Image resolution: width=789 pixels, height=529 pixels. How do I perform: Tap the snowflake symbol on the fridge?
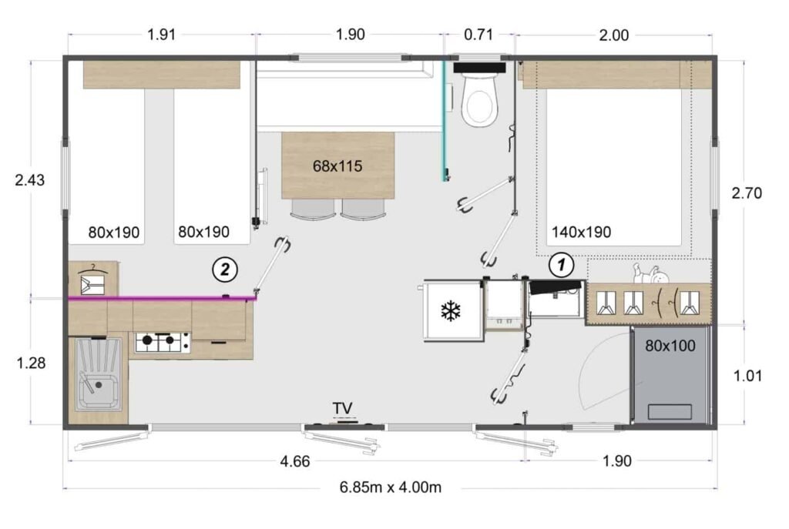pyautogui.click(x=450, y=312)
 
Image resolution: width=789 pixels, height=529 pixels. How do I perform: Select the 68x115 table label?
pyautogui.click(x=337, y=166)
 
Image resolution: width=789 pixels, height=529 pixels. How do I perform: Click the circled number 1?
pyautogui.click(x=561, y=265)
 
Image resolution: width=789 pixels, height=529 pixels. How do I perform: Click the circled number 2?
pyautogui.click(x=224, y=269)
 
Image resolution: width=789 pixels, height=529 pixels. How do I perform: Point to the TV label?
pyautogui.click(x=342, y=407)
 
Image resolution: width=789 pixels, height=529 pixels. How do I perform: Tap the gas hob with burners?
pyautogui.click(x=163, y=342)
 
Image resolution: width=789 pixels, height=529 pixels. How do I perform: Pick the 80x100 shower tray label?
pyautogui.click(x=670, y=346)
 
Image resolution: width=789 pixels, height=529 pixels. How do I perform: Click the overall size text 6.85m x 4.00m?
pyautogui.click(x=390, y=487)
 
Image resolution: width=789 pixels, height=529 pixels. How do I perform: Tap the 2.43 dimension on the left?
pyautogui.click(x=30, y=180)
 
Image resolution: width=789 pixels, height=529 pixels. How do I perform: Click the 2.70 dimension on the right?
pyautogui.click(x=746, y=193)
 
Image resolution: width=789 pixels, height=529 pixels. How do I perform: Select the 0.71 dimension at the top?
pyautogui.click(x=478, y=34)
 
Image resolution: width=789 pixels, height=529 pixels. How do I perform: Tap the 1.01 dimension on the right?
pyautogui.click(x=746, y=377)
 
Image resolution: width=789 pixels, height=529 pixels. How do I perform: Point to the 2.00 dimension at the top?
pyautogui.click(x=613, y=34)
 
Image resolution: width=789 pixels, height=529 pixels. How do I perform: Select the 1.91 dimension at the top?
pyautogui.click(x=163, y=34)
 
